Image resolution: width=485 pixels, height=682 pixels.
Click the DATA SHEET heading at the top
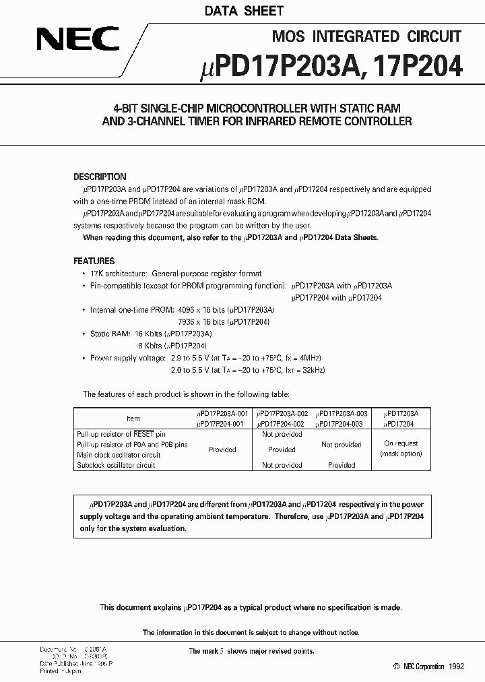[244, 11]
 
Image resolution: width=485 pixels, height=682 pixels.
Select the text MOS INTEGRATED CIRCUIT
[366, 37]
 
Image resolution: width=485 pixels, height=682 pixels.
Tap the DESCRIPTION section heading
[100, 177]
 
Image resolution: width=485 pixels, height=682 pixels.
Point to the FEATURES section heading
[94, 261]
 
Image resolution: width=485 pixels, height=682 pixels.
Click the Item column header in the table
[133, 418]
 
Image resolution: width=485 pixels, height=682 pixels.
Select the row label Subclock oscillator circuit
[116, 465]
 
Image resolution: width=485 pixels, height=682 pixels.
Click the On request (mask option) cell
[401, 449]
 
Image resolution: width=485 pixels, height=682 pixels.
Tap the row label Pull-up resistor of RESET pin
[121, 435]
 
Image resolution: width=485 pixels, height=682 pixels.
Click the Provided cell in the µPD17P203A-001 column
[222, 449]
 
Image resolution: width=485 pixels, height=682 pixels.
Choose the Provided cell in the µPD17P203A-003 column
[342, 465]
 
